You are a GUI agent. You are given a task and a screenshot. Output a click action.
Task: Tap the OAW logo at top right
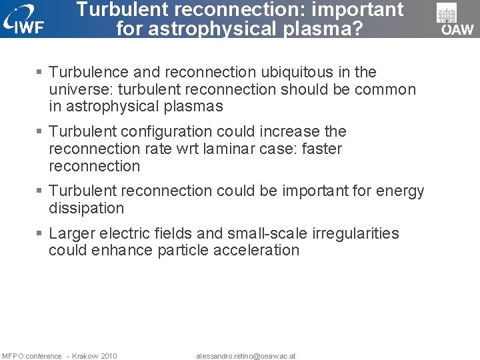pos(456,19)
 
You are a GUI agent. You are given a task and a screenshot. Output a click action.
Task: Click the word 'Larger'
pos(72,233)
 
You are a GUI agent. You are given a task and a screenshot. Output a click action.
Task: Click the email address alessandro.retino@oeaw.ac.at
pos(245,356)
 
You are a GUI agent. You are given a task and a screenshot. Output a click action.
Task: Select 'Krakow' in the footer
pos(85,356)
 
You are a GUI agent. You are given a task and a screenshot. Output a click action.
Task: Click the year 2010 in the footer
pos(109,356)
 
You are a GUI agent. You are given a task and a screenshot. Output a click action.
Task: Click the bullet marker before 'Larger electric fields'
pos(40,233)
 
